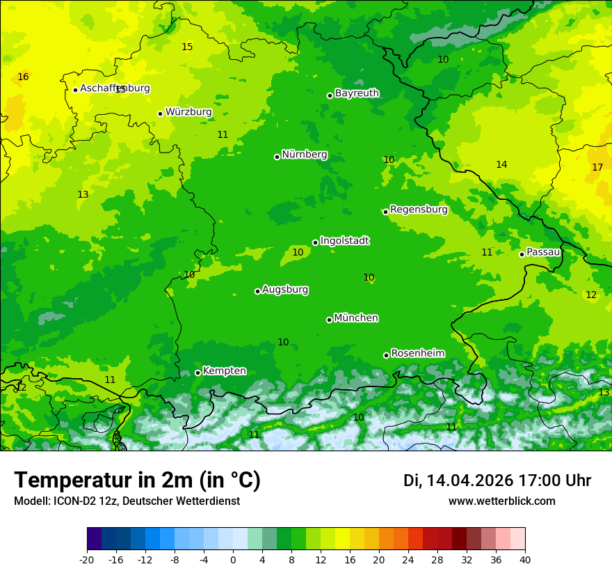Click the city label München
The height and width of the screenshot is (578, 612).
356,318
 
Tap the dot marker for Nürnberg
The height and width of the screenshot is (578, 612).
277,157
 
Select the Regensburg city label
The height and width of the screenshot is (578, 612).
419,210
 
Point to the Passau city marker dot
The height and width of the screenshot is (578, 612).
522,254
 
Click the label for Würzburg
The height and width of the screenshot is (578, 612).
188,112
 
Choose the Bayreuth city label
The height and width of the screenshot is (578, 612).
357,93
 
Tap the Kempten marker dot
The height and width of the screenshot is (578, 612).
198,373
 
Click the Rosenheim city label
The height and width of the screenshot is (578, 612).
417,354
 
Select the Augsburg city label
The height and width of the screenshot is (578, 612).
285,290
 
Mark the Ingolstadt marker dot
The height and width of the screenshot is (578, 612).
315,242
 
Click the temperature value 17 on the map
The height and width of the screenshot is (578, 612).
597,168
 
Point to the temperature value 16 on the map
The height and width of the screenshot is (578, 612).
23,77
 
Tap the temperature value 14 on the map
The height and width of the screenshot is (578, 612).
501,165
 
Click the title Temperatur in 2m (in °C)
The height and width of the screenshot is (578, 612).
137,481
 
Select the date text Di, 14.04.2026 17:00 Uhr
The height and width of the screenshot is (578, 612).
497,481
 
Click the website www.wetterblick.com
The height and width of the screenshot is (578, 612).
501,501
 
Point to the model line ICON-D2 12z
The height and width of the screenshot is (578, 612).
127,501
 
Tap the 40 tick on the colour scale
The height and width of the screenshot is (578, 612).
525,559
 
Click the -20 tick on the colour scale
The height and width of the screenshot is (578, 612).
87,559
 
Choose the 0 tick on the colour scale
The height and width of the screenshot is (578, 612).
233,559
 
